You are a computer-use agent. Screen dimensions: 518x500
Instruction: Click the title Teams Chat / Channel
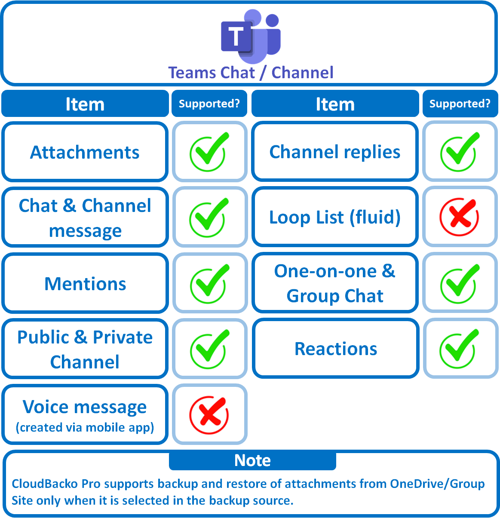251,73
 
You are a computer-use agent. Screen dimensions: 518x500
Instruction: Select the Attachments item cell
85,152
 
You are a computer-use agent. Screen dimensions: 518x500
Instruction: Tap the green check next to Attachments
209,152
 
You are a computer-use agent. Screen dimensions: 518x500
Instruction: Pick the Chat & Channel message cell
85,218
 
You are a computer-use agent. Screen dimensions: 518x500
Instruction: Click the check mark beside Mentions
209,284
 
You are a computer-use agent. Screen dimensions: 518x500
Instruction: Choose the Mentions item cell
85,284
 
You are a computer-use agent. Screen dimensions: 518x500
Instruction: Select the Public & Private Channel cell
85,349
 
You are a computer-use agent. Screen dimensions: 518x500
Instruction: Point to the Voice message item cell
85,415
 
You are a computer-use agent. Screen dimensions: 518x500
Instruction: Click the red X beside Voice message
209,415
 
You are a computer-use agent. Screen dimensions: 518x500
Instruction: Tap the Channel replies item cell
334,152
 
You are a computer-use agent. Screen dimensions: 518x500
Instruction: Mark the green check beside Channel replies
460,152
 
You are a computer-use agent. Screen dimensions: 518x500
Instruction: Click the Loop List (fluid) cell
334,217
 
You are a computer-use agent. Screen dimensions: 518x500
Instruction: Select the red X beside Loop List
459,217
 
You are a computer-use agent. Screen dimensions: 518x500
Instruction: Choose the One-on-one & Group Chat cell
334,283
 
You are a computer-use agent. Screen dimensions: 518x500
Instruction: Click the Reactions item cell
335,349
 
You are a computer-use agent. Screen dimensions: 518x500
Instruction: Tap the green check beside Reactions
460,349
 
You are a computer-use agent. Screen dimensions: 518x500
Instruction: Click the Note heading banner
252,460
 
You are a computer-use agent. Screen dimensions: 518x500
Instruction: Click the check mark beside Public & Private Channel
209,349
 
